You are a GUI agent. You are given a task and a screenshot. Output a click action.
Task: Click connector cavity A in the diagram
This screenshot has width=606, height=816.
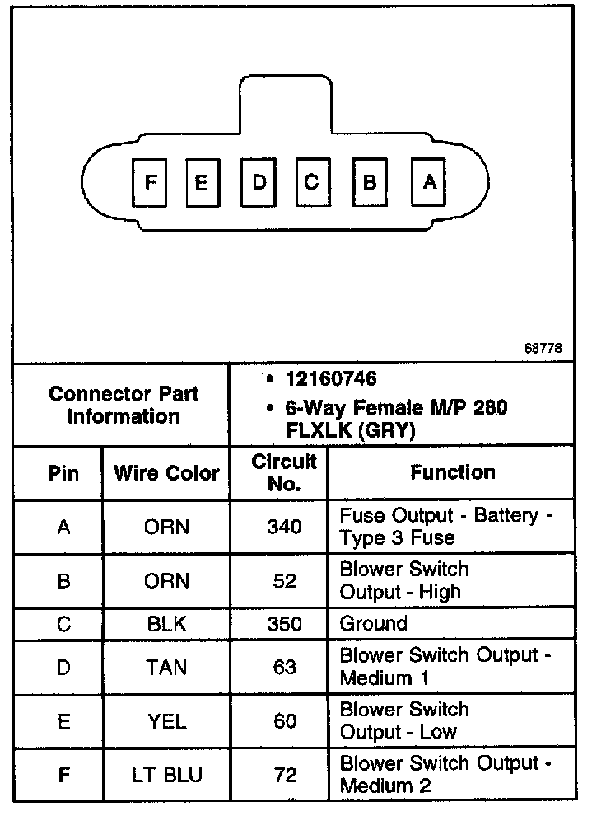pyautogui.click(x=428, y=182)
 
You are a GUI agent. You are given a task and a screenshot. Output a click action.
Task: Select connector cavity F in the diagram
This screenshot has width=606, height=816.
pyautogui.click(x=150, y=182)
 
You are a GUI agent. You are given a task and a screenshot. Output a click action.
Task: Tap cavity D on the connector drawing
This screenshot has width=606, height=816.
pyautogui.click(x=259, y=182)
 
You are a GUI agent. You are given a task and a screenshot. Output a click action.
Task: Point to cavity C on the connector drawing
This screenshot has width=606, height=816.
pyautogui.click(x=311, y=182)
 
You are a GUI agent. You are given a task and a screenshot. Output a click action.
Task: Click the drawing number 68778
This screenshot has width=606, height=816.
pyautogui.click(x=543, y=348)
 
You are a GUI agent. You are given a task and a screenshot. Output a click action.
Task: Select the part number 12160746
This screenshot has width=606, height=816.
pyautogui.click(x=331, y=379)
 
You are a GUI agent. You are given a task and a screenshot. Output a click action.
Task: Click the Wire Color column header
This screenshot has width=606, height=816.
pyautogui.click(x=166, y=473)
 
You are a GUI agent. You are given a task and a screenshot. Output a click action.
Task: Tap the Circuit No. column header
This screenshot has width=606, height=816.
pyautogui.click(x=283, y=472)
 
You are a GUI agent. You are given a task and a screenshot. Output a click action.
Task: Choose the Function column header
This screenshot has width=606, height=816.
pyautogui.click(x=452, y=472)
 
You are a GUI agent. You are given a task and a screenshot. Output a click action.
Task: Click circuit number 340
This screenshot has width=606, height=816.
pyautogui.click(x=284, y=527)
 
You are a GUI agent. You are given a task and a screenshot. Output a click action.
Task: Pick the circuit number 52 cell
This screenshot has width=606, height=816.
pyautogui.click(x=284, y=581)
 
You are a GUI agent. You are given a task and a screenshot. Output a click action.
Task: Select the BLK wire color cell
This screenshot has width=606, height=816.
pyautogui.click(x=166, y=624)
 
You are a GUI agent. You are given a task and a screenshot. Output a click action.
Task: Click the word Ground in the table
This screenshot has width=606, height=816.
pyautogui.click(x=373, y=623)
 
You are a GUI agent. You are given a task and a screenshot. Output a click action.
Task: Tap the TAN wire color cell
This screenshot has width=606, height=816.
pyautogui.click(x=166, y=667)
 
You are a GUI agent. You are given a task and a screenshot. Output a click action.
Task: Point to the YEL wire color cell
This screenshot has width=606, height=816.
pyautogui.click(x=166, y=721)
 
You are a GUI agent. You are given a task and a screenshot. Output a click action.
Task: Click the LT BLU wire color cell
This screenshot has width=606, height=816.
pyautogui.click(x=166, y=775)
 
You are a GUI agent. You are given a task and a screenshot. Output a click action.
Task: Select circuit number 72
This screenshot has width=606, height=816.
pyautogui.click(x=284, y=775)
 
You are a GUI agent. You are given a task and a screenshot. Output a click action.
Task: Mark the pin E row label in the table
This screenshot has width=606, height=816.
pyautogui.click(x=63, y=721)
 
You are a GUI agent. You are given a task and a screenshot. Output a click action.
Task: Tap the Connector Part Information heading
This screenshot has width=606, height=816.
pyautogui.click(x=124, y=405)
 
